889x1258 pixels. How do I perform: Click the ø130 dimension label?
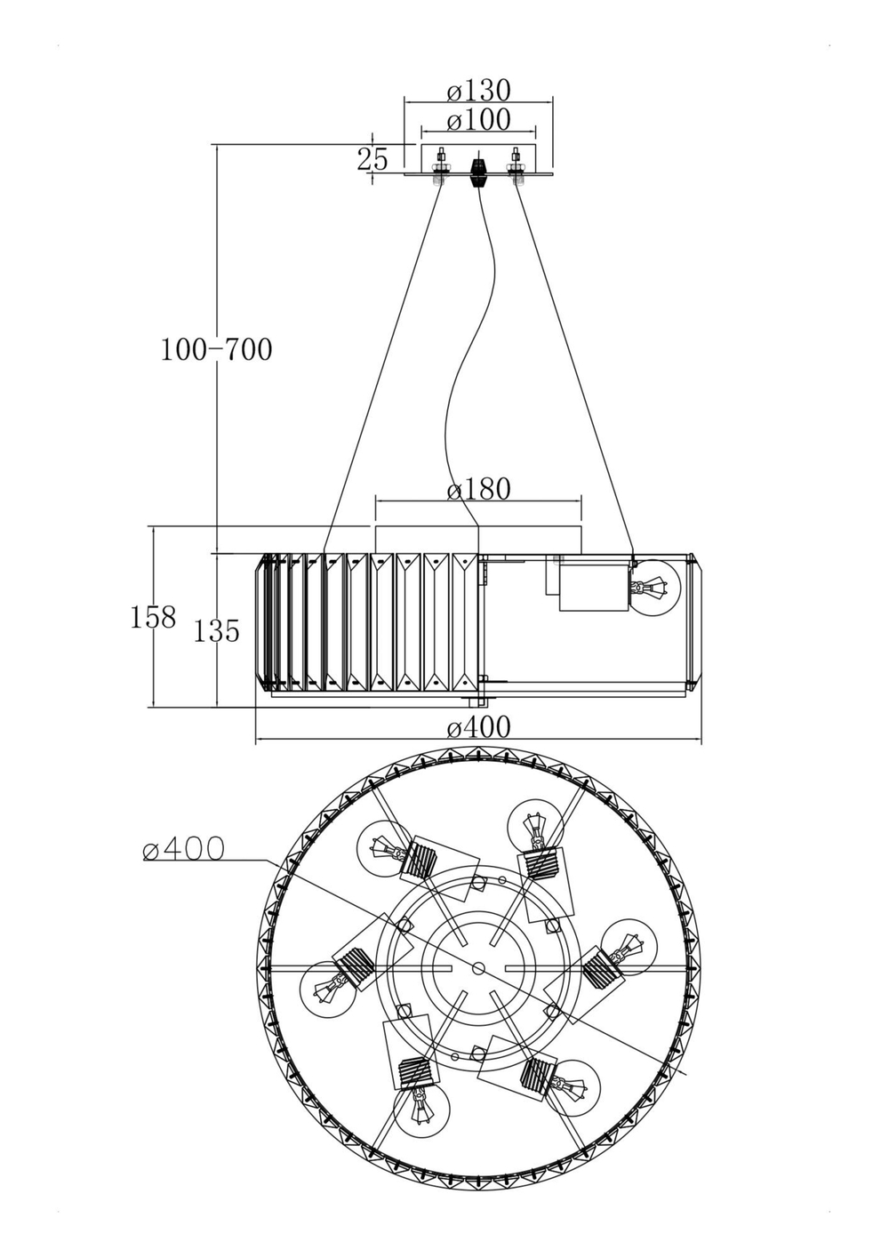[478, 91]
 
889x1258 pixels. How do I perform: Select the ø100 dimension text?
[478, 120]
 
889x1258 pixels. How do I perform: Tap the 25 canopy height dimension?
[372, 160]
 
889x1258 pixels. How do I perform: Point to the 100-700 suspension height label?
[216, 350]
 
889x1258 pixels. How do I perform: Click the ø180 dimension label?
[478, 489]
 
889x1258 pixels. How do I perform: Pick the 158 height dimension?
[153, 617]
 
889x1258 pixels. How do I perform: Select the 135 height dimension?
[216, 631]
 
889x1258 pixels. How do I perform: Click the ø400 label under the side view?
[478, 728]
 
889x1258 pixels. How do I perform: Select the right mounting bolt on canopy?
[516, 167]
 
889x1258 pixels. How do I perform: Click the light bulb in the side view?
[655, 587]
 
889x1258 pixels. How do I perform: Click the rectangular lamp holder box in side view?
[593, 588]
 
